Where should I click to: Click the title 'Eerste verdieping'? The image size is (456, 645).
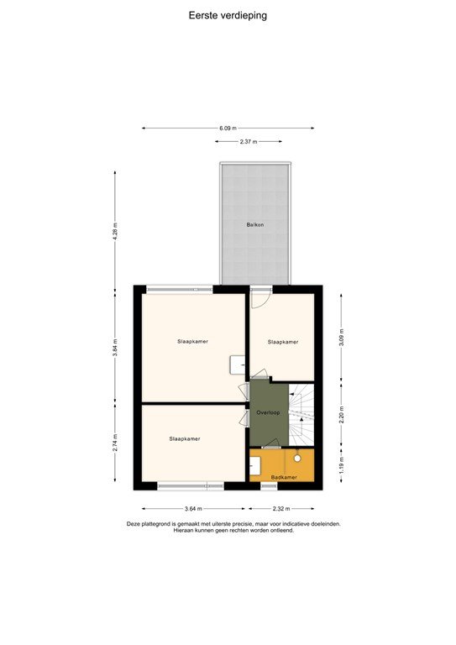coord(228,15)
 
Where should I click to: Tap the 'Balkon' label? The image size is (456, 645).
coord(254,225)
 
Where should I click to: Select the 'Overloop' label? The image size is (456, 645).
coord(268,413)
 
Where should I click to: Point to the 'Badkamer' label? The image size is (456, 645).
coord(284,477)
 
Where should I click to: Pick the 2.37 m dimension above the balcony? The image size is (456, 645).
coord(248,142)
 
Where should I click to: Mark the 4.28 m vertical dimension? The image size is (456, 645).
coord(116,230)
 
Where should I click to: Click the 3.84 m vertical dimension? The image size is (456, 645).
coord(116,347)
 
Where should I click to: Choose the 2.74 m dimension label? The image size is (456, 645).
coord(116,443)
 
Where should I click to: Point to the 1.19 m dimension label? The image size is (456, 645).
coord(340,467)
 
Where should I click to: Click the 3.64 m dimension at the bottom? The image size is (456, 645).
coord(192,509)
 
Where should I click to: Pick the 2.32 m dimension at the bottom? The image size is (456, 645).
coord(281,509)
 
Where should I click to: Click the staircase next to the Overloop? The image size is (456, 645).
coord(301,416)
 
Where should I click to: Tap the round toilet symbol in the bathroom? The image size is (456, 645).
coord(297,459)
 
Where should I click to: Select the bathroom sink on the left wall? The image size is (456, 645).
coord(254,465)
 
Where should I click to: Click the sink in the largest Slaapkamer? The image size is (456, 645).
coord(238,364)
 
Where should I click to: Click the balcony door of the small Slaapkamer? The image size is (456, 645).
coord(260,296)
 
